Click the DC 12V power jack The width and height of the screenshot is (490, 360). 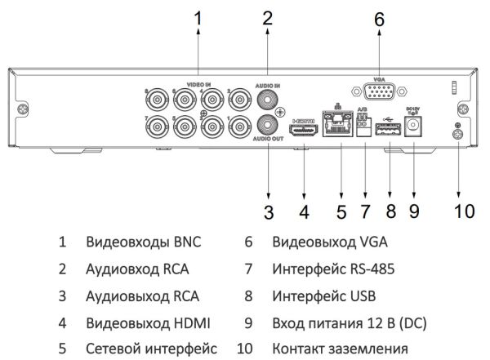coord(415,128)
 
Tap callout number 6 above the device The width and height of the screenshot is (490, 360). coord(378,20)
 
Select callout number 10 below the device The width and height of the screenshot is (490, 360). coord(464,211)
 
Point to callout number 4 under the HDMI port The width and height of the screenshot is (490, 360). coord(304,211)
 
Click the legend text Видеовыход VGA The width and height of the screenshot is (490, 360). coord(329,242)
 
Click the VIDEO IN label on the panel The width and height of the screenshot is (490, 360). coord(198,85)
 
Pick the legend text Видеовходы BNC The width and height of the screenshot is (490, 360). coord(142,242)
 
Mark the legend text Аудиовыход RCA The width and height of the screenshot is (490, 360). coord(141,295)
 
